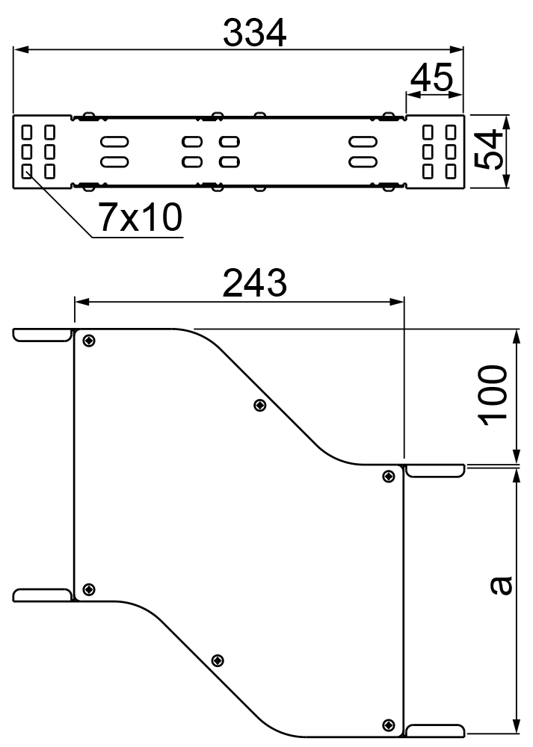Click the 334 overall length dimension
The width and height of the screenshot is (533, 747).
(255, 33)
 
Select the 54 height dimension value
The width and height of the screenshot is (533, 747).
(489, 149)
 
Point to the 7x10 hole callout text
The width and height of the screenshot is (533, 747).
(139, 217)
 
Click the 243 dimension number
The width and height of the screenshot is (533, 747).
(255, 283)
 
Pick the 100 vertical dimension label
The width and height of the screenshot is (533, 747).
(494, 396)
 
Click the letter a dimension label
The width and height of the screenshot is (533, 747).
(501, 586)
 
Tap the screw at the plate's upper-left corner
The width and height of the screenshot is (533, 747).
(89, 341)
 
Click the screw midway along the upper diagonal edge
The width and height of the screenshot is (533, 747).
(259, 406)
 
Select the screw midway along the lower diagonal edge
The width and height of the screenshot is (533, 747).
(218, 660)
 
